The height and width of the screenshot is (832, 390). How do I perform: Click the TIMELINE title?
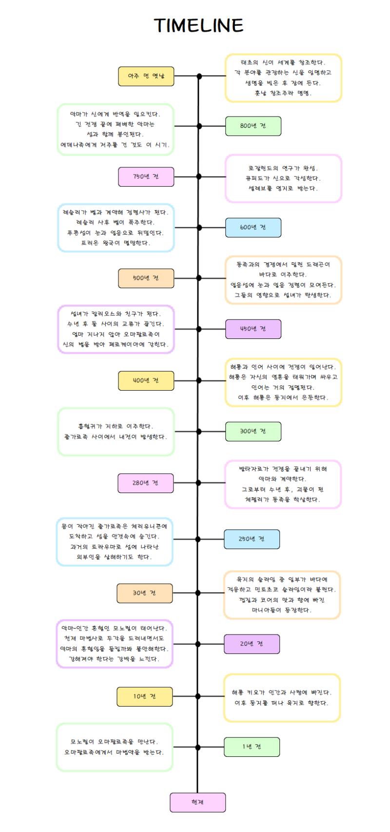(x=198, y=25)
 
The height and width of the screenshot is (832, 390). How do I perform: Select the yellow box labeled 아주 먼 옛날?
(x=146, y=76)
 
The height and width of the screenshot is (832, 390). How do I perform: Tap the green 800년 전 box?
(x=253, y=126)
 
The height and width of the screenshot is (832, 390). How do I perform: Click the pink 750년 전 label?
(x=146, y=177)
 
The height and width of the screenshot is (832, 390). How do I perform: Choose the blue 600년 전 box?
(x=253, y=227)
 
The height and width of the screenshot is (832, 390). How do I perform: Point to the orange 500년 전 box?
(x=146, y=278)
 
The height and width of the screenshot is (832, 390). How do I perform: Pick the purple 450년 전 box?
(x=253, y=329)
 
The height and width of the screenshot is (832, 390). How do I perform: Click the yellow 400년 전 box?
(x=146, y=381)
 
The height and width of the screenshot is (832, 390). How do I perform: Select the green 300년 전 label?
(x=253, y=432)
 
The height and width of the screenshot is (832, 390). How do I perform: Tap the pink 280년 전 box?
(x=146, y=483)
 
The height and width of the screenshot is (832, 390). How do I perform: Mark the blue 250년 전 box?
(x=252, y=539)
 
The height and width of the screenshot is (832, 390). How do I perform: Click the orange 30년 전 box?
(x=144, y=593)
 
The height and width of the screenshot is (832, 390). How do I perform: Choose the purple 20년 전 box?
(x=252, y=644)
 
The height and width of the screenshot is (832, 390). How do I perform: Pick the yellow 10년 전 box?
(x=144, y=696)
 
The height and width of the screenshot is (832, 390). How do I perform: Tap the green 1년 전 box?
(x=252, y=747)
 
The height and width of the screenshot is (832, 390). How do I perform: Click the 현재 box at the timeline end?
(x=197, y=802)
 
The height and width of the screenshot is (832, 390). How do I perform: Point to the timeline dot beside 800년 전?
(x=199, y=126)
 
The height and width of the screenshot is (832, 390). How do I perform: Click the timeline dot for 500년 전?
(x=199, y=278)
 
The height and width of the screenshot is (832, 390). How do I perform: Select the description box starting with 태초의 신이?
(x=283, y=78)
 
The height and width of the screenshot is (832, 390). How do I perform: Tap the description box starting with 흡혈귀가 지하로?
(x=116, y=432)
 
